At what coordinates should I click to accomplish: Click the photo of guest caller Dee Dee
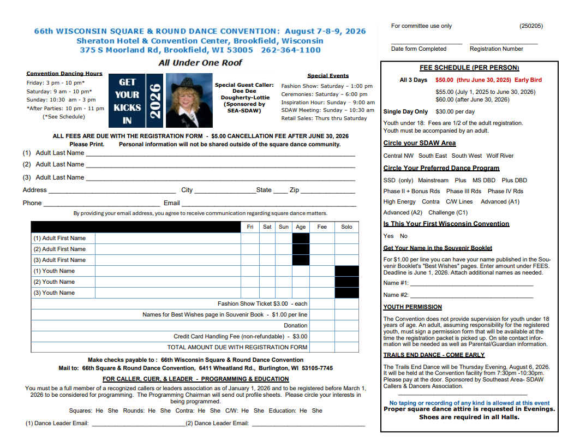(189, 100)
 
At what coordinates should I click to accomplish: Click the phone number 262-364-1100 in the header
(291, 50)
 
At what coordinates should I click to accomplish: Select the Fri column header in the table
(250, 227)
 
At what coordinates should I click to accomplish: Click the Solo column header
(346, 227)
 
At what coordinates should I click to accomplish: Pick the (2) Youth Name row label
(55, 282)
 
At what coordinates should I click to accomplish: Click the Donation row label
(295, 325)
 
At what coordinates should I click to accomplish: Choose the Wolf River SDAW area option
(500, 156)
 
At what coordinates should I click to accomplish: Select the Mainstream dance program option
(433, 180)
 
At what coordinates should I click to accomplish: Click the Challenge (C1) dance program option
(448, 212)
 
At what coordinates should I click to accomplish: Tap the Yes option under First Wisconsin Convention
(388, 236)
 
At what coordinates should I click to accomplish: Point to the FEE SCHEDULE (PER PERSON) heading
(469, 68)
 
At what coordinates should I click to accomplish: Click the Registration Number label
(496, 49)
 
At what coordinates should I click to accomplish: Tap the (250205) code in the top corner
(531, 26)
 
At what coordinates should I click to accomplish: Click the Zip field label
(294, 190)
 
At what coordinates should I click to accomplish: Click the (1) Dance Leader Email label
(57, 423)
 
